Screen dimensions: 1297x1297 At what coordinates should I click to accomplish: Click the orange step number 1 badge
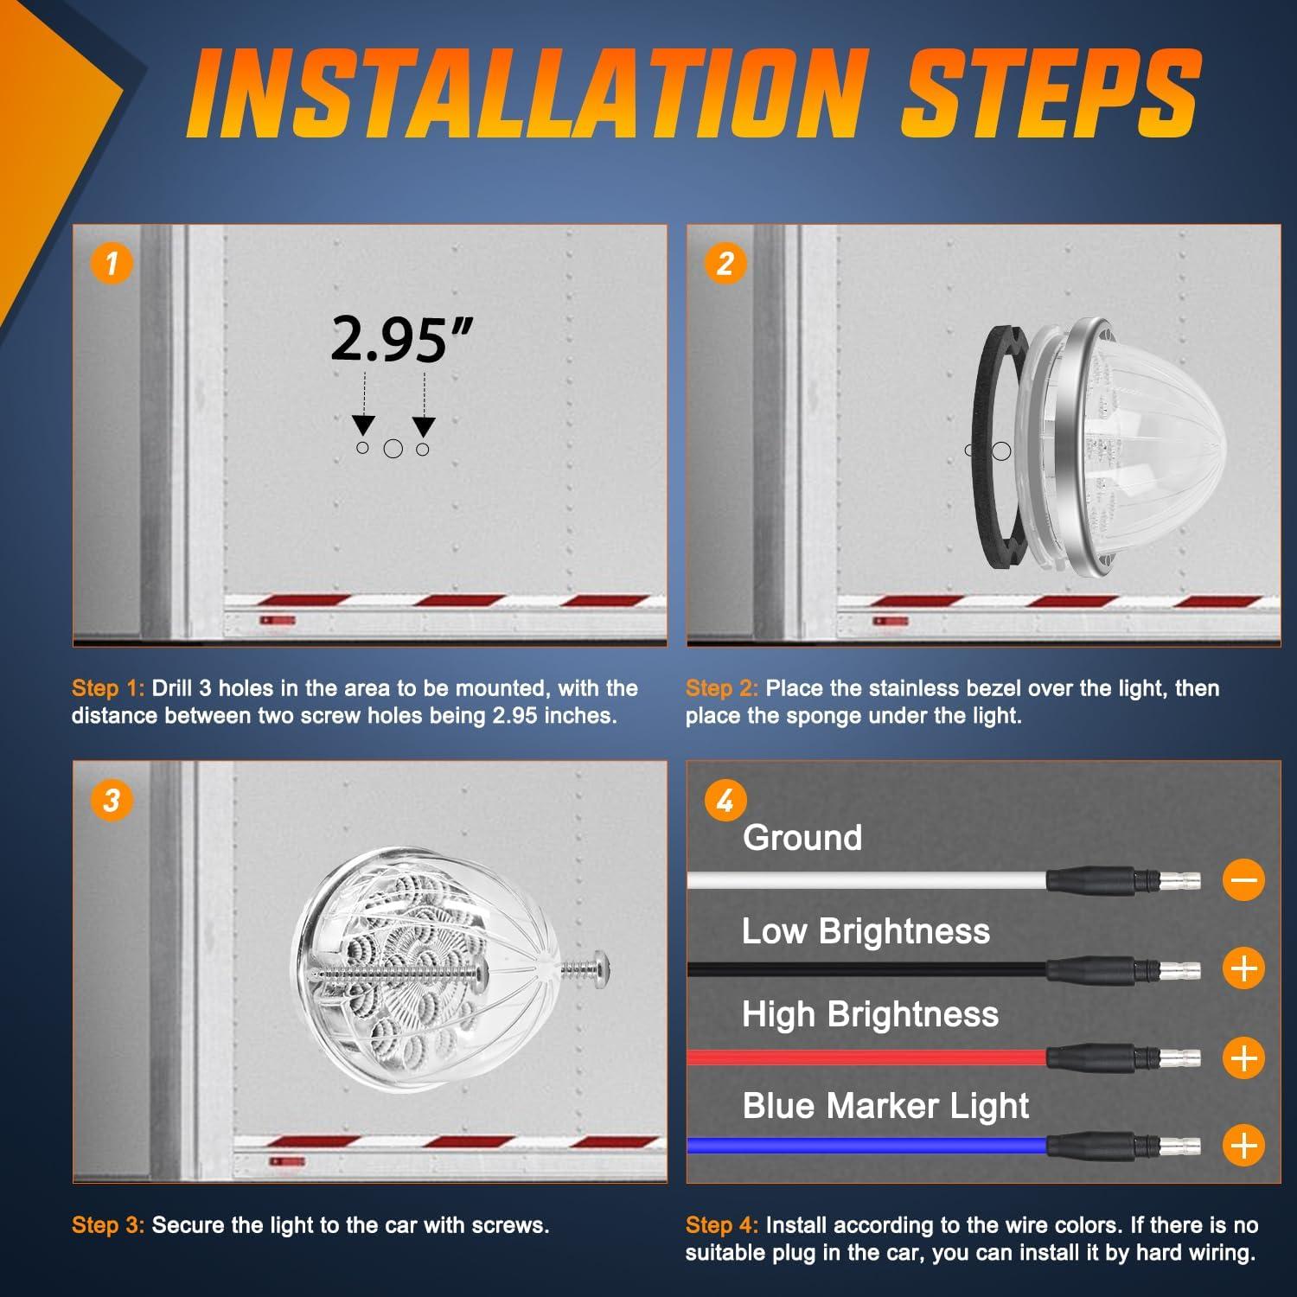pos(112,263)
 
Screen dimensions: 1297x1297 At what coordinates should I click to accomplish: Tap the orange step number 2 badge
pos(725,263)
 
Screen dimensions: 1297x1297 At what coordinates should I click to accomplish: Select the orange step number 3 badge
pos(112,800)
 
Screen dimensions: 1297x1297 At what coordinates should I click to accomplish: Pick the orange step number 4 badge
pos(725,802)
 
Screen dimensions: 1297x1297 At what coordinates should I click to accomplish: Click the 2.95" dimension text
pos(402,339)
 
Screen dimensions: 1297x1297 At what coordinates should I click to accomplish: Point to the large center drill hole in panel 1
pos(393,449)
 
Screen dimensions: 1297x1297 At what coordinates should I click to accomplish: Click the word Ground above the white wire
pos(802,837)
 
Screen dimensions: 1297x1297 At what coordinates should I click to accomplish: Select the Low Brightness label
pos(866,930)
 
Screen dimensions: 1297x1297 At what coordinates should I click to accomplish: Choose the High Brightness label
pos(870,1013)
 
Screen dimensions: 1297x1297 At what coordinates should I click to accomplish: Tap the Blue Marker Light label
pos(885,1105)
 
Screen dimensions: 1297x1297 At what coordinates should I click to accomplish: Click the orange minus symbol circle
pos(1243,880)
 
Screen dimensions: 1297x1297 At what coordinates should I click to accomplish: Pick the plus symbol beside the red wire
pos(1243,1057)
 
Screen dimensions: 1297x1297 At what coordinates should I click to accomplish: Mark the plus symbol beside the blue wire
pos(1243,1146)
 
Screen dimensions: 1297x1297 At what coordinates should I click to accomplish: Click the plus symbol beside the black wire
pos(1243,968)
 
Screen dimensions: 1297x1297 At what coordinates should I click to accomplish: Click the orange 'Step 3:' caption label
pos(108,1225)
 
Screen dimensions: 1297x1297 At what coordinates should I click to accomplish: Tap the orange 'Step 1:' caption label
pos(108,688)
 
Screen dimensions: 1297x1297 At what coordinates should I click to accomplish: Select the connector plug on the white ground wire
pos(1123,881)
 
